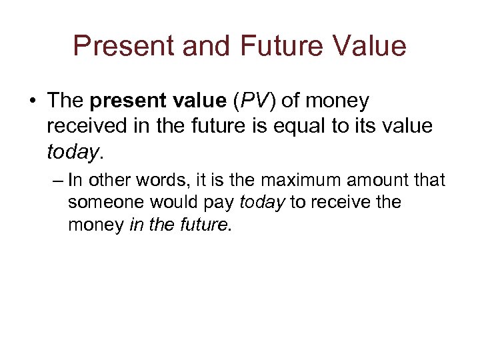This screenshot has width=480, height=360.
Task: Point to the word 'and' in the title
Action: [195, 46]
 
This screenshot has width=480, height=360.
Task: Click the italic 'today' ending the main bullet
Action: [73, 152]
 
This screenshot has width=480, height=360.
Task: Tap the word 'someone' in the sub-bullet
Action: [106, 203]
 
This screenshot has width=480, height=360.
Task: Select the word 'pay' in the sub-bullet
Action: [218, 203]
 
